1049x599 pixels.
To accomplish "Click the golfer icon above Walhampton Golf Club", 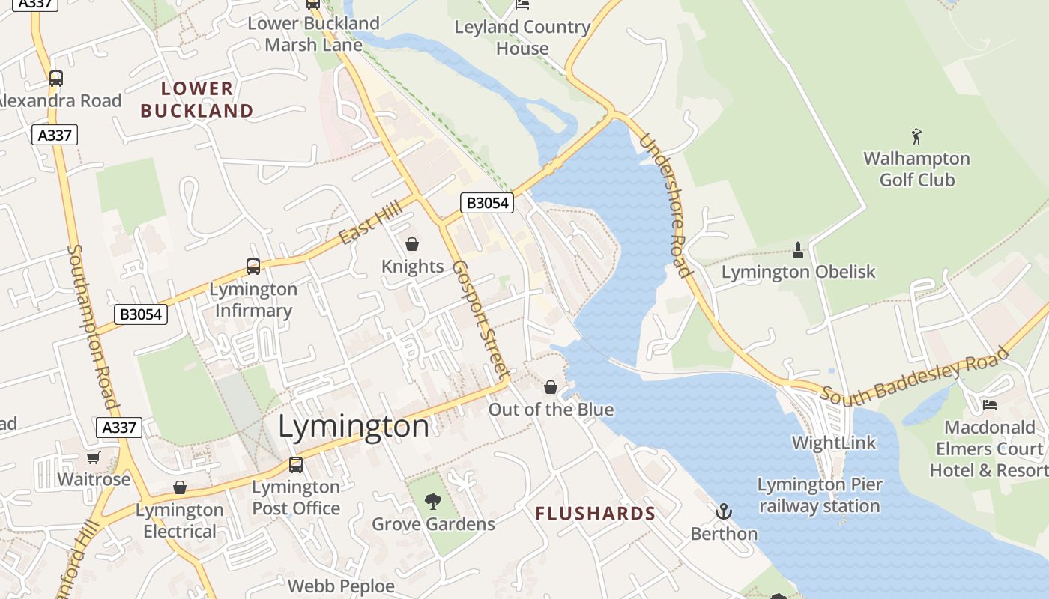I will pos(916,136).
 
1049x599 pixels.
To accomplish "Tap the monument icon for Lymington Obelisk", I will pos(798,250).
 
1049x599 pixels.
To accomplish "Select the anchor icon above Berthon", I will pos(724,512).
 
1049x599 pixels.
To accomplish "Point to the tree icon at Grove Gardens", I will pos(433,502).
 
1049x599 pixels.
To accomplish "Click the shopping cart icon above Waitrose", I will pos(94,457).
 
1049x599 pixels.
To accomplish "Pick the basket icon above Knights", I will pos(412,244).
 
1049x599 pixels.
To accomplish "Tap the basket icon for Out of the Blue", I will pos(551,387).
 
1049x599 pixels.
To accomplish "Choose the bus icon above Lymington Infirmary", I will pos(253,267).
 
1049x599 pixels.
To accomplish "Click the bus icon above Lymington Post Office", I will pos(296,465).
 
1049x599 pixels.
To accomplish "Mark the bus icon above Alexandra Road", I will pos(56,78).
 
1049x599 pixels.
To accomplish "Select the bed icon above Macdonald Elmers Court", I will pos(990,405).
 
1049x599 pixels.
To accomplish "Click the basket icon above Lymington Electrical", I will pos(180,488).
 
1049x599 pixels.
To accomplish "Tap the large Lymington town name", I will pos(354,427).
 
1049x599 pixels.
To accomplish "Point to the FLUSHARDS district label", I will pos(596,514).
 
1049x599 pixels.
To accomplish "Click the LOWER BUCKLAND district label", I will pos(197,100).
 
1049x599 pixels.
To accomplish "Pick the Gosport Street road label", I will pos(480,319).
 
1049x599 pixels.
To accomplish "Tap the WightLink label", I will pos(834,443).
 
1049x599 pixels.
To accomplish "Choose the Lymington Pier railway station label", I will pos(820,496).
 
